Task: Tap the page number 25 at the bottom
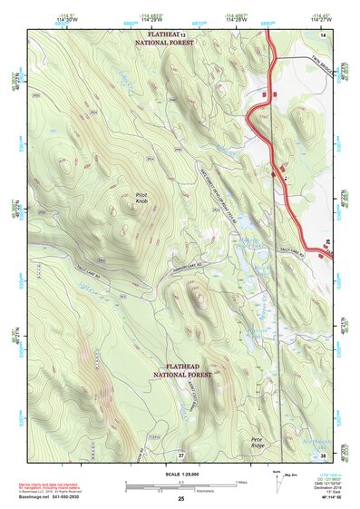[x=180, y=500]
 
